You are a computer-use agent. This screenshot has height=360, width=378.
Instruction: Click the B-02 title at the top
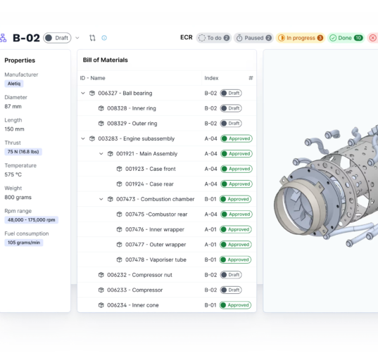click(25, 38)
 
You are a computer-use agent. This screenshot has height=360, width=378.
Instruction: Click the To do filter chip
click(214, 38)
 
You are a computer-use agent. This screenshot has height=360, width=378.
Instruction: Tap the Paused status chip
click(253, 38)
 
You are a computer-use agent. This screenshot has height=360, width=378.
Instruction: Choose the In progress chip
click(300, 38)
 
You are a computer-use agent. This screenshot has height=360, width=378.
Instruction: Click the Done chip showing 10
click(346, 38)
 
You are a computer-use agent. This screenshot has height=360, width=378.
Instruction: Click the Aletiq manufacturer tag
click(14, 84)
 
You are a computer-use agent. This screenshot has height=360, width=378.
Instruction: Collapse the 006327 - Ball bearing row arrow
click(83, 94)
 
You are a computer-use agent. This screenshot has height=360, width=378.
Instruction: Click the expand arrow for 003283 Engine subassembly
click(83, 139)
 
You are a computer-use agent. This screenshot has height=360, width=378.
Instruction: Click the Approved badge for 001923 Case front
click(236, 169)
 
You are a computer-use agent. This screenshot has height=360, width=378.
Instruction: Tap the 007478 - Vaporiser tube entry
click(156, 259)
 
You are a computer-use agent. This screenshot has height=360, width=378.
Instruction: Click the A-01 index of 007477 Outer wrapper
click(210, 245)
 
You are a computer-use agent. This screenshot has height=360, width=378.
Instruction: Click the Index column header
click(211, 78)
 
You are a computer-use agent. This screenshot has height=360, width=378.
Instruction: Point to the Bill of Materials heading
click(106, 60)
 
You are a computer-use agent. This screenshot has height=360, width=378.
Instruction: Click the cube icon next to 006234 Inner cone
click(101, 305)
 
